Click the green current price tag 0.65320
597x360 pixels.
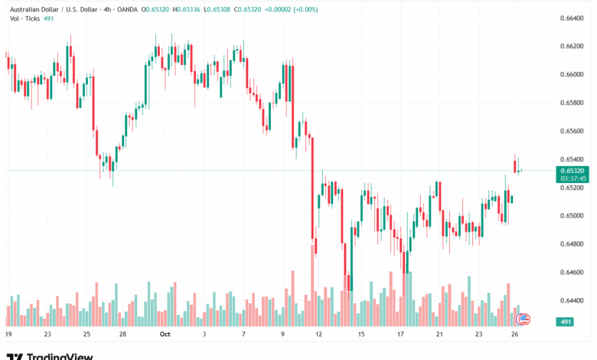[573, 171]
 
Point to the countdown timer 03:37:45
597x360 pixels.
[573, 178]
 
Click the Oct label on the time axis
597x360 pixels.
[165, 335]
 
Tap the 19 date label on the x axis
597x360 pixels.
[8, 335]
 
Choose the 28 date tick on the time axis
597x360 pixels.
[122, 335]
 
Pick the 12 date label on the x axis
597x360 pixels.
[318, 335]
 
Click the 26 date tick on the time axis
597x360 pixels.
[517, 335]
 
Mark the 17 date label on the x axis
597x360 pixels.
[400, 335]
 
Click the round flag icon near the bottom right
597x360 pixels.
[524, 317]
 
